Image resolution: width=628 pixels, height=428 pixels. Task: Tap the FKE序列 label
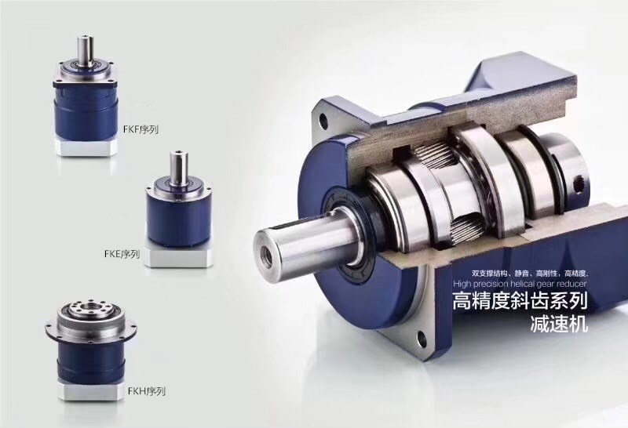pos(122,253)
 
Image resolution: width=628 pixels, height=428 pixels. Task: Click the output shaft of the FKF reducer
pos(85,50)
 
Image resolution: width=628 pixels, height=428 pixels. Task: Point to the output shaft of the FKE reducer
pos(178,167)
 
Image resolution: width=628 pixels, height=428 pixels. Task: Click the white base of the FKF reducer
pos(86,147)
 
